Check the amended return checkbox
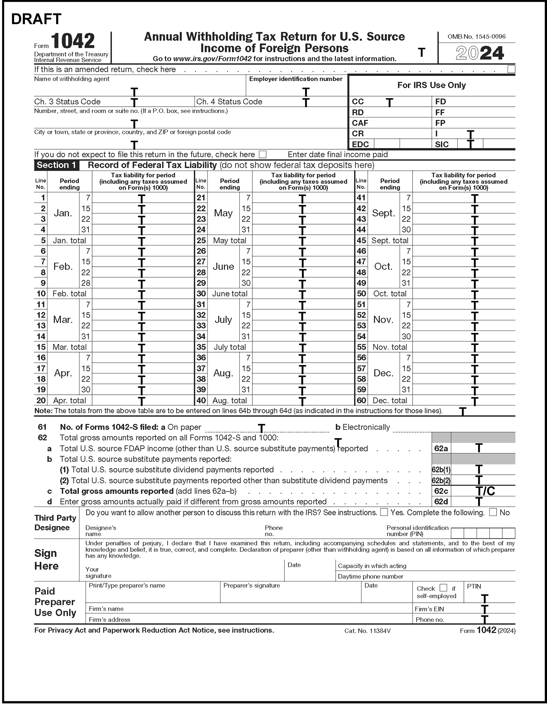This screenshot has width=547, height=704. click(x=511, y=69)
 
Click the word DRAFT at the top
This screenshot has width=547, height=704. click(x=36, y=19)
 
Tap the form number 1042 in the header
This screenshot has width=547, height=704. click(x=73, y=41)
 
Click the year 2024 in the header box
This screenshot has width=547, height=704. click(x=479, y=53)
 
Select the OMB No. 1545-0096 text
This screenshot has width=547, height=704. click(x=476, y=37)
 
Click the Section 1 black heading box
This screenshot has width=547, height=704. click(x=56, y=165)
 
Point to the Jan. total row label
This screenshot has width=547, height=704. click(x=69, y=240)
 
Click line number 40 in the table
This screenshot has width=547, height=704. click(x=201, y=400)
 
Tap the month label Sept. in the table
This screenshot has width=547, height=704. click(x=383, y=213)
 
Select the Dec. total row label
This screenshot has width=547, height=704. click(x=390, y=400)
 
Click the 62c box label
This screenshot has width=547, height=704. click(x=441, y=491)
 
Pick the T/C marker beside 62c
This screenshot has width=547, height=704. click(x=485, y=491)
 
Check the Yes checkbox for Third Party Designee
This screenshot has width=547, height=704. click(x=384, y=512)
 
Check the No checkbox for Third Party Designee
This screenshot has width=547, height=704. click(x=493, y=512)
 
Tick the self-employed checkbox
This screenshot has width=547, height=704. click(x=443, y=588)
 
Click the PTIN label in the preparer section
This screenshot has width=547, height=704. click(x=474, y=586)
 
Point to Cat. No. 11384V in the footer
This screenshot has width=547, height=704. click(x=367, y=631)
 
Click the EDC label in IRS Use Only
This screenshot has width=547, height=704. click(x=360, y=144)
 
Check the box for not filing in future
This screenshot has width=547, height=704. click(x=263, y=155)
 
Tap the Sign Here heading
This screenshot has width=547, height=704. click(x=46, y=559)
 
